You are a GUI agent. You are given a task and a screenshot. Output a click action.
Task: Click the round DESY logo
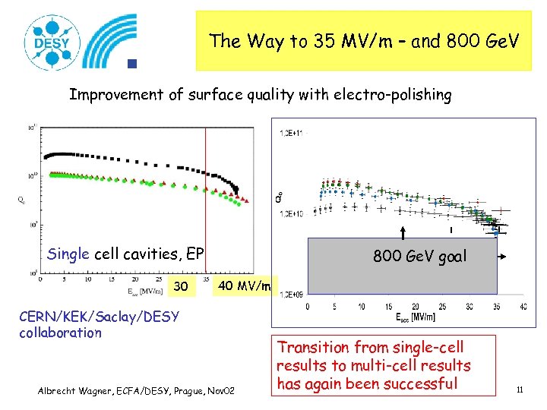[50, 42]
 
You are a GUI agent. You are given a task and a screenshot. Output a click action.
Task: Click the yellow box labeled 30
[181, 287]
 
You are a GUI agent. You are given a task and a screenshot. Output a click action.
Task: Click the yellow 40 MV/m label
[244, 285]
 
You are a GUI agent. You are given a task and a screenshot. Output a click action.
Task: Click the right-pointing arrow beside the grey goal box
[507, 258]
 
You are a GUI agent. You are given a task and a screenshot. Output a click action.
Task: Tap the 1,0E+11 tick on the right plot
[292, 134]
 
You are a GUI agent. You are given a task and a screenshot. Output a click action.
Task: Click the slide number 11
[520, 390]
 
